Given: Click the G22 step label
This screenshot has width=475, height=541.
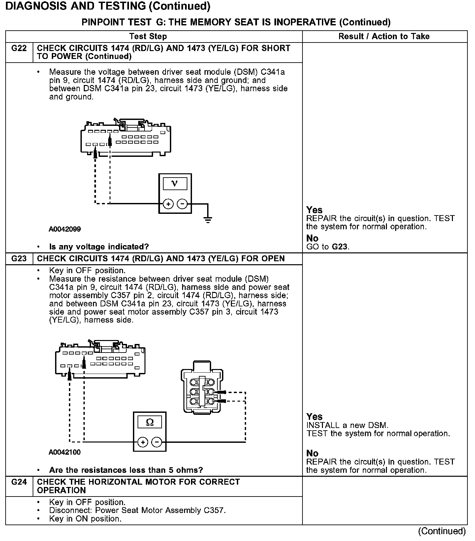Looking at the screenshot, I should click(19, 48).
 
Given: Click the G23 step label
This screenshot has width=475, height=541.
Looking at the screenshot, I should click(19, 259).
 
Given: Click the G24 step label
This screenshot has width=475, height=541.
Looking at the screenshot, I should click(19, 482).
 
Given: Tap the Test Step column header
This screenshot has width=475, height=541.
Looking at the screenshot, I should click(148, 37).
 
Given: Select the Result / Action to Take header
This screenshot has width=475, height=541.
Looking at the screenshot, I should click(384, 37).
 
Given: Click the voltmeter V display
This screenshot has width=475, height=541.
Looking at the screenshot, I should click(175, 184).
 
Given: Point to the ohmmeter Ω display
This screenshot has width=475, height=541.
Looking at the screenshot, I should click(149, 422).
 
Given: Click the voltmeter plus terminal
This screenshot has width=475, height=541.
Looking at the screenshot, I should click(168, 204).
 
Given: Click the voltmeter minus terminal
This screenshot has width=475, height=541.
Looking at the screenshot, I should click(182, 204).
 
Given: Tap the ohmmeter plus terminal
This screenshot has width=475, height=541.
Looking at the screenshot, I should click(142, 442).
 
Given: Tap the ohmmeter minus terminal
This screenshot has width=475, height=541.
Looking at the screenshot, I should click(157, 442).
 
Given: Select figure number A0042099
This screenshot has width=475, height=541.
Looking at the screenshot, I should click(65, 229).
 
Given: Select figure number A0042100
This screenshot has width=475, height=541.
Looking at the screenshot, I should click(65, 452).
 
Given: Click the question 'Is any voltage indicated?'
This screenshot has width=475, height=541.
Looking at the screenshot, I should click(99, 247).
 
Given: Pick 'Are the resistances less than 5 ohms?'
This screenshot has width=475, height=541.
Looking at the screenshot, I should click(126, 470).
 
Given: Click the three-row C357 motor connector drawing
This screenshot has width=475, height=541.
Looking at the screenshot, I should click(201, 387).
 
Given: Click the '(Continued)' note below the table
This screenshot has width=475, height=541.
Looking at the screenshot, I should click(442, 531).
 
